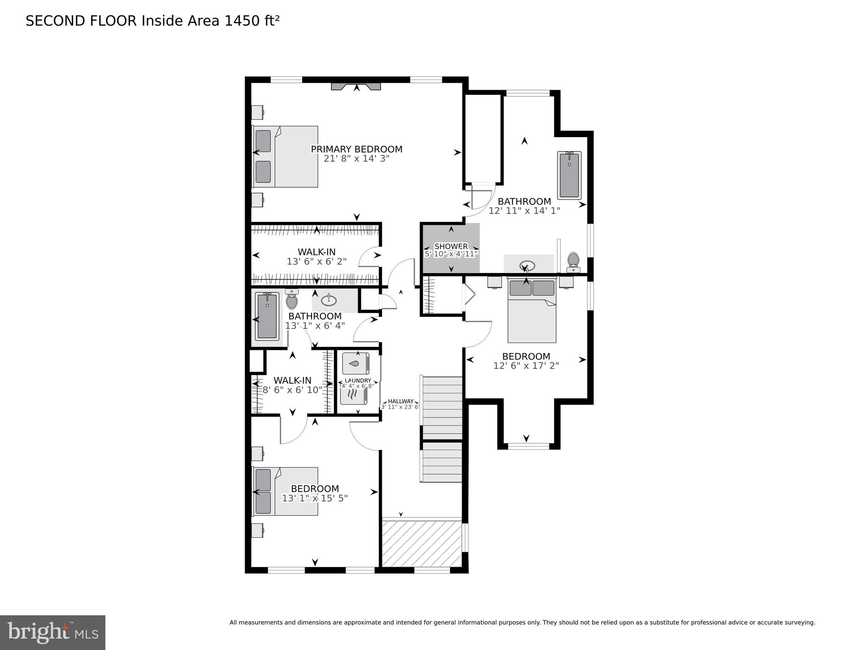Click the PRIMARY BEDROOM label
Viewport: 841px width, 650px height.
point(356,149)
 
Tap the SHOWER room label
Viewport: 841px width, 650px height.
point(451,246)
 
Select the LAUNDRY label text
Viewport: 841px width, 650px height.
point(358,381)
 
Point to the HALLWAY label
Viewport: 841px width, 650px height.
point(401,401)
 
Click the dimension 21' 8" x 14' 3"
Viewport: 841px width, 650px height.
point(356,159)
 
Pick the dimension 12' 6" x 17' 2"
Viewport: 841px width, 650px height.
point(526,365)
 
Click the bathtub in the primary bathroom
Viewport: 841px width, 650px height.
point(569,175)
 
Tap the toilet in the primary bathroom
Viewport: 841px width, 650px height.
point(573,263)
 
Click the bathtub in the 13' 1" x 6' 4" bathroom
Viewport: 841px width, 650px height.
point(267,316)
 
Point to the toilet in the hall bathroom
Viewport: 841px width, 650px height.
point(292,299)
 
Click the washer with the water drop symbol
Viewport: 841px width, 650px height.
point(356,363)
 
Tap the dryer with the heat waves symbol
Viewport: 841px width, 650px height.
point(354,394)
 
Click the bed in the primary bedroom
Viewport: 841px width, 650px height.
point(285,156)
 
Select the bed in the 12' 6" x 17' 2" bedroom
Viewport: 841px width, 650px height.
point(532,311)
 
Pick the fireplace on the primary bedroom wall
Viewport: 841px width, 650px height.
point(356,86)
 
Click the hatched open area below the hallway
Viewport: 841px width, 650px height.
point(422,543)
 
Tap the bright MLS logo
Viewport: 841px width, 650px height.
point(52,633)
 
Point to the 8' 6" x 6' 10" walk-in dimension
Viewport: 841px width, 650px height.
point(292,390)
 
